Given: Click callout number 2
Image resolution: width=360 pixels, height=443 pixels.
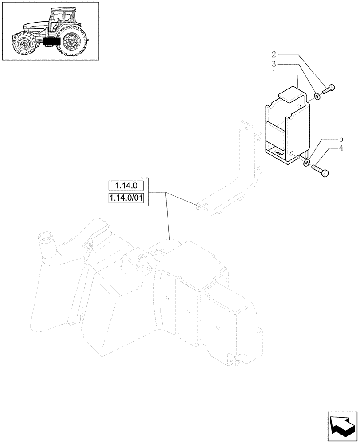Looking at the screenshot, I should pyautogui.click(x=274, y=55).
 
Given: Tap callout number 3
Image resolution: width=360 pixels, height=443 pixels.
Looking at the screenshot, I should pyautogui.click(x=274, y=65).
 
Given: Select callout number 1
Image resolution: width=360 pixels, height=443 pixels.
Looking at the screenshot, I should pyautogui.click(x=274, y=74).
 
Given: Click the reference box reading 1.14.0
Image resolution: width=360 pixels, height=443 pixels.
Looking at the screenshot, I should pyautogui.click(x=126, y=186).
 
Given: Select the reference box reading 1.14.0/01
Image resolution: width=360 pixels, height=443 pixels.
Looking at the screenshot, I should pyautogui.click(x=126, y=198).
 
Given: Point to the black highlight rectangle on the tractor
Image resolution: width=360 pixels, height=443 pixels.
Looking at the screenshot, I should pyautogui.click(x=51, y=42).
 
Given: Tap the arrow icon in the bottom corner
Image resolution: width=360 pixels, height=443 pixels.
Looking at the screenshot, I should pyautogui.click(x=342, y=426).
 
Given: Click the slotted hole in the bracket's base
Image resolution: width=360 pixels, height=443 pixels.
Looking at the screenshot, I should pyautogui.click(x=278, y=152).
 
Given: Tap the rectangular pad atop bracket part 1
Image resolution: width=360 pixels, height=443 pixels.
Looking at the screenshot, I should pyautogui.click(x=292, y=94).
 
